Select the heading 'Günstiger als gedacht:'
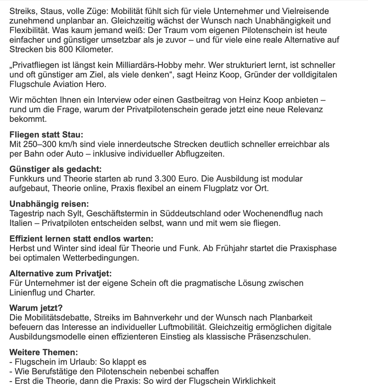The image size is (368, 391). (x=56, y=169)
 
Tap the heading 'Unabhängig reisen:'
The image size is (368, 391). (x=49, y=204)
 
